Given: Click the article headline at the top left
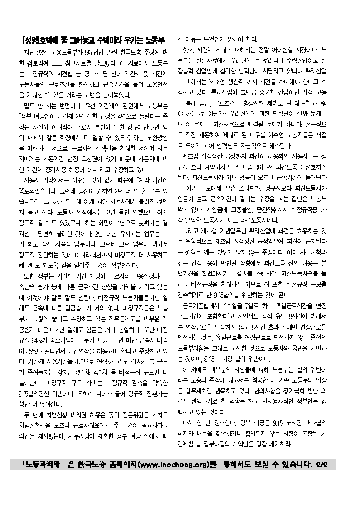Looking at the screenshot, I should [95, 39].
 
